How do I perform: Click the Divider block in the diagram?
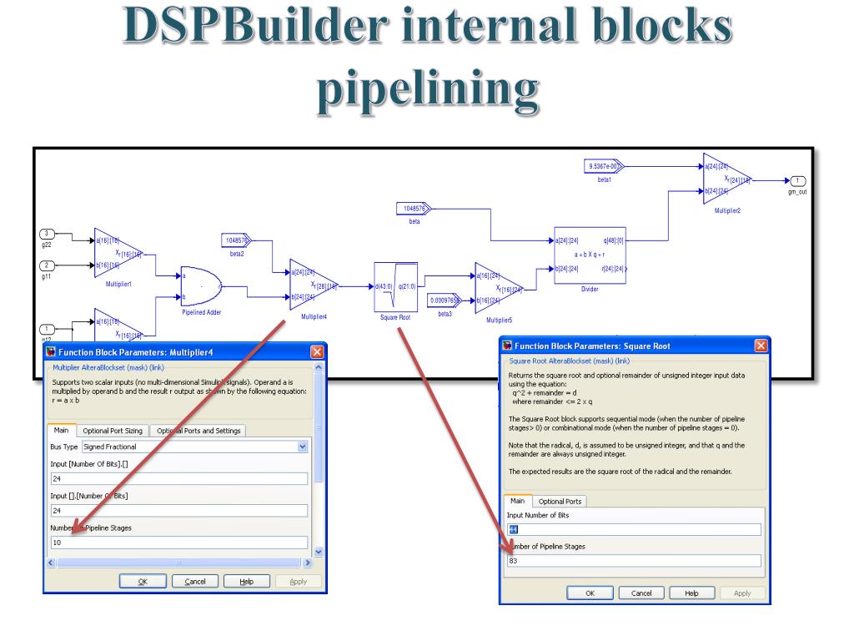click(x=590, y=255)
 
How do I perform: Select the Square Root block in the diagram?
click(x=395, y=286)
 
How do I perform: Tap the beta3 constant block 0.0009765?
click(x=444, y=299)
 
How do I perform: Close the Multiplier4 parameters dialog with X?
click(x=315, y=353)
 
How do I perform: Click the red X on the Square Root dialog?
click(x=761, y=346)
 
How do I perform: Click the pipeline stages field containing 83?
click(x=634, y=560)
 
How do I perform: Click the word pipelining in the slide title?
click(x=426, y=89)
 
